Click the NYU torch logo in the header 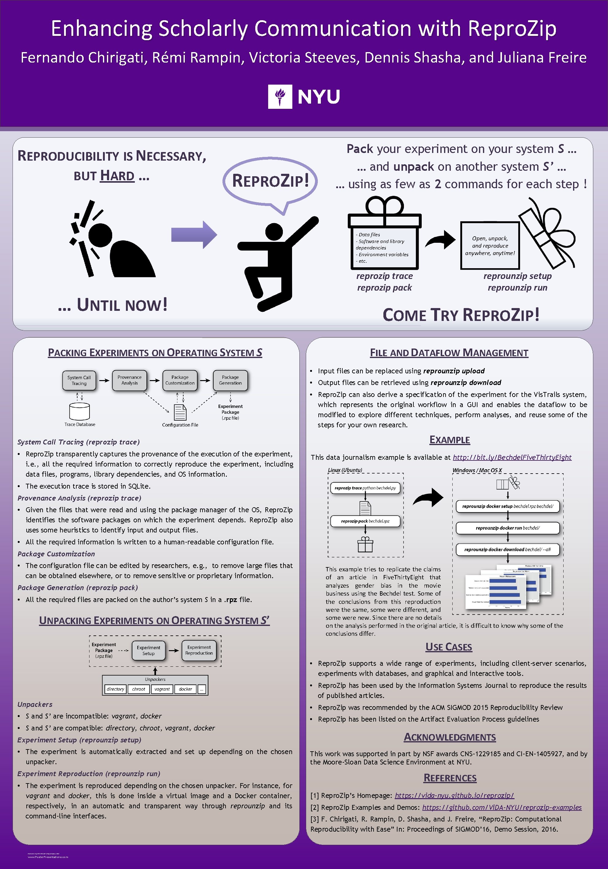click(280, 97)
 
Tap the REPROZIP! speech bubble click(270, 181)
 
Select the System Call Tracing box click(79, 380)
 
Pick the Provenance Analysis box click(129, 380)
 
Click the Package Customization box click(180, 380)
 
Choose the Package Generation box click(230, 380)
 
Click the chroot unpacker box click(139, 689)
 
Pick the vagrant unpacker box click(162, 689)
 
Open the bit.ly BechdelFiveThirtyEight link click(512, 457)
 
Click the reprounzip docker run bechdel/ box click(507, 528)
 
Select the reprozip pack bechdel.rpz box click(365, 521)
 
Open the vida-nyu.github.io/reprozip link click(454, 795)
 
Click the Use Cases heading click(449, 647)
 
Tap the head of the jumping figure click(274, 231)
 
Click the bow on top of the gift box click(384, 206)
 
